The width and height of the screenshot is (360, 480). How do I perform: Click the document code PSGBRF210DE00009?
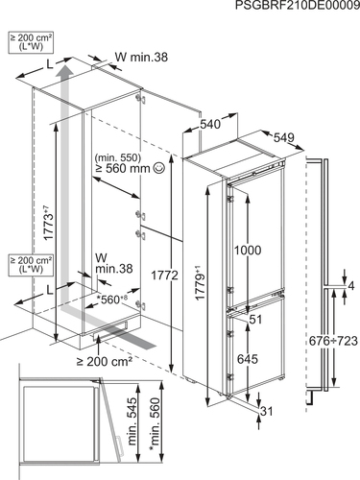(298, 6)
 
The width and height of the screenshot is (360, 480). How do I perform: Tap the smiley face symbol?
(159, 168)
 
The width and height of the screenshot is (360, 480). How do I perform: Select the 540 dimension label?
(210, 124)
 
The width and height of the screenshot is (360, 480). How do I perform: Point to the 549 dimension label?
(284, 137)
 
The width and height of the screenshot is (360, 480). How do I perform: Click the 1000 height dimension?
(248, 250)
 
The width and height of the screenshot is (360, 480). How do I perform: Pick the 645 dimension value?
(248, 359)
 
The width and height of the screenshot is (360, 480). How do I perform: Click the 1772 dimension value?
(164, 275)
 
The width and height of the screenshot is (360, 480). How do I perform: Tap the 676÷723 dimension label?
(333, 341)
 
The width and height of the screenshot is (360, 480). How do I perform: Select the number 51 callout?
(255, 319)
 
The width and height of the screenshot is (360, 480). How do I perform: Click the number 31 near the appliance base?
(266, 411)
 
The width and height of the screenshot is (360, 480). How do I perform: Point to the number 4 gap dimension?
(351, 286)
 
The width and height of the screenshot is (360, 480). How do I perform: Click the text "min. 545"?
(132, 421)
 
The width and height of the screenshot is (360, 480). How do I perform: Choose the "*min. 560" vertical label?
(155, 424)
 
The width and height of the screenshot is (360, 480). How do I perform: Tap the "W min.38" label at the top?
(141, 57)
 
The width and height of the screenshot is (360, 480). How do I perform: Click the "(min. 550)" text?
(118, 157)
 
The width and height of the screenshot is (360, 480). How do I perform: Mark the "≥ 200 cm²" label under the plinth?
(105, 361)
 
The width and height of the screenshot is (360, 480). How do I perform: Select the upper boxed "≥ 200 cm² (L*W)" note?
(31, 42)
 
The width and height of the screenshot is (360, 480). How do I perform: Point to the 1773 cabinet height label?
(47, 224)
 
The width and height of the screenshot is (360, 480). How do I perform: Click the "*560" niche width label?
(111, 300)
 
